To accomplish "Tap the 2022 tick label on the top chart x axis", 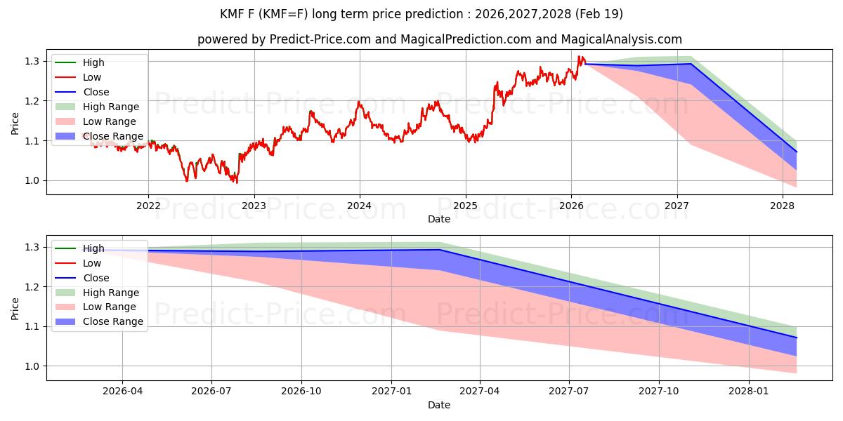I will pos(148,206).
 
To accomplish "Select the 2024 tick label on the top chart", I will pos(360,206).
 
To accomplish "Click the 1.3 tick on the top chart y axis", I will pos(32,62).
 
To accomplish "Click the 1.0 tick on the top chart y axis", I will pos(32,181).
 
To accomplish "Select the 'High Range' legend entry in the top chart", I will pos(111,107).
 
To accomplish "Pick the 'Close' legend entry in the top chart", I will pos(96,92).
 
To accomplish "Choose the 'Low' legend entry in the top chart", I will pos(92,77).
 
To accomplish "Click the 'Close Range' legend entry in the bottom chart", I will pos(113,321).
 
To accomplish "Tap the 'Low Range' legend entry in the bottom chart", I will pos(110,307).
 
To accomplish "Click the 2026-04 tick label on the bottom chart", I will pos(122,392).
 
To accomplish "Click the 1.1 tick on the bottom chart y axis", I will pos(32,327).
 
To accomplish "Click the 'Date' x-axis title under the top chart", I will pos(439,219).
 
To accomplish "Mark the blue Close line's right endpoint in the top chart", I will pos(797,152).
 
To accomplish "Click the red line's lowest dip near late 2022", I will pos(236,182).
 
